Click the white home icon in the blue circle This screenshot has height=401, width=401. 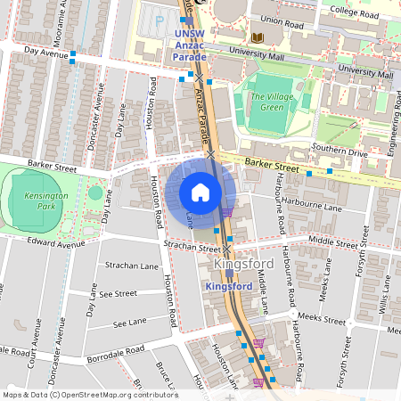pos(200,192)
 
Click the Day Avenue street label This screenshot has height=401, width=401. pos(47,53)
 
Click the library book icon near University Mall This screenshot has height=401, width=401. pos(258,37)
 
